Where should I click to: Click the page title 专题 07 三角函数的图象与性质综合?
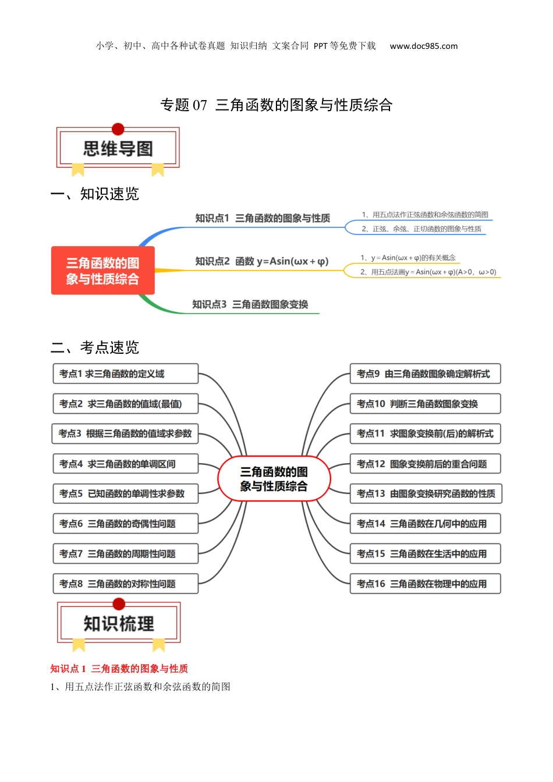coord(276,105)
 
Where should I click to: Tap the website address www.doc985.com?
coord(423,46)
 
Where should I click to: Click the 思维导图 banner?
coord(118,148)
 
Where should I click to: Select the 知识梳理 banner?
coord(119,623)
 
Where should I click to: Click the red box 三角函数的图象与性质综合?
coord(103,271)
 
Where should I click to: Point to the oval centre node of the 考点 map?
coord(274,479)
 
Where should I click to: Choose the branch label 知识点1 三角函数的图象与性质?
coord(263,218)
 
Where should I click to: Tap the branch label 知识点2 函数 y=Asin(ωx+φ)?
coord(262,261)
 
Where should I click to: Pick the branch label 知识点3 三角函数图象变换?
coord(250,304)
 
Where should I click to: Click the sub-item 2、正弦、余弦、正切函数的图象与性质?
coord(421,229)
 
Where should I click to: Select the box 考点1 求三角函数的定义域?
coord(125,374)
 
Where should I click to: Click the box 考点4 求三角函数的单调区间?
coord(125,464)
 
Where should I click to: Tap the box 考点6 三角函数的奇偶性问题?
coord(125,524)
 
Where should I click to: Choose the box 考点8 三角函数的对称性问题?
coord(125,584)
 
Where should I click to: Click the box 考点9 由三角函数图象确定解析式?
coord(425,374)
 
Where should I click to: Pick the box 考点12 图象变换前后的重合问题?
coord(425,464)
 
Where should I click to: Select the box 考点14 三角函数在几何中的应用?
coord(425,524)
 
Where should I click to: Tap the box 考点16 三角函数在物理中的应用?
coord(425,584)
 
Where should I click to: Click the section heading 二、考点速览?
coord(95,347)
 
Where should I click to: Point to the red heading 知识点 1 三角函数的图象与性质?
coord(119,669)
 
